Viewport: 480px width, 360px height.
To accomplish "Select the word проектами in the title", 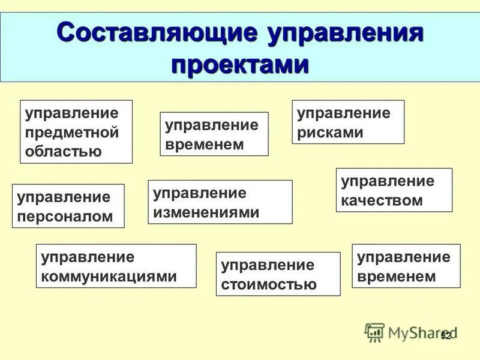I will (x=240, y=64).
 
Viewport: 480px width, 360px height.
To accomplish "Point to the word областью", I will (x=63, y=151).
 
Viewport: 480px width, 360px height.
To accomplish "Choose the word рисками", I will (x=331, y=132).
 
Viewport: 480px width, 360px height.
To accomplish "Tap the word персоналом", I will (x=65, y=216).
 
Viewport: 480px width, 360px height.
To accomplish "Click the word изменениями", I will (x=206, y=212).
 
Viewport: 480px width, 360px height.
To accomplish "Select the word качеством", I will (x=382, y=200).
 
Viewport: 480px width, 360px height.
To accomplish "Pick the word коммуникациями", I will (x=109, y=276).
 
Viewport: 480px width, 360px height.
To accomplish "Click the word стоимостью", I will (x=269, y=284).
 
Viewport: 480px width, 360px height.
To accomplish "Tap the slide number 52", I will (x=445, y=336).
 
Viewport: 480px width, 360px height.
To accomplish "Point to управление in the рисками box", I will (x=344, y=113).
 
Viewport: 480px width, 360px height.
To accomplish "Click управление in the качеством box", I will (x=388, y=181).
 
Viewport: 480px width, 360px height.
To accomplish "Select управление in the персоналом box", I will (x=64, y=197).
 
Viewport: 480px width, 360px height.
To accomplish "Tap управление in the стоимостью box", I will (x=268, y=265).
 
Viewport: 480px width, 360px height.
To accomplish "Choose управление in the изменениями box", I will (x=200, y=193).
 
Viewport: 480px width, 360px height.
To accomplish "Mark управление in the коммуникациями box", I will (x=88, y=257).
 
